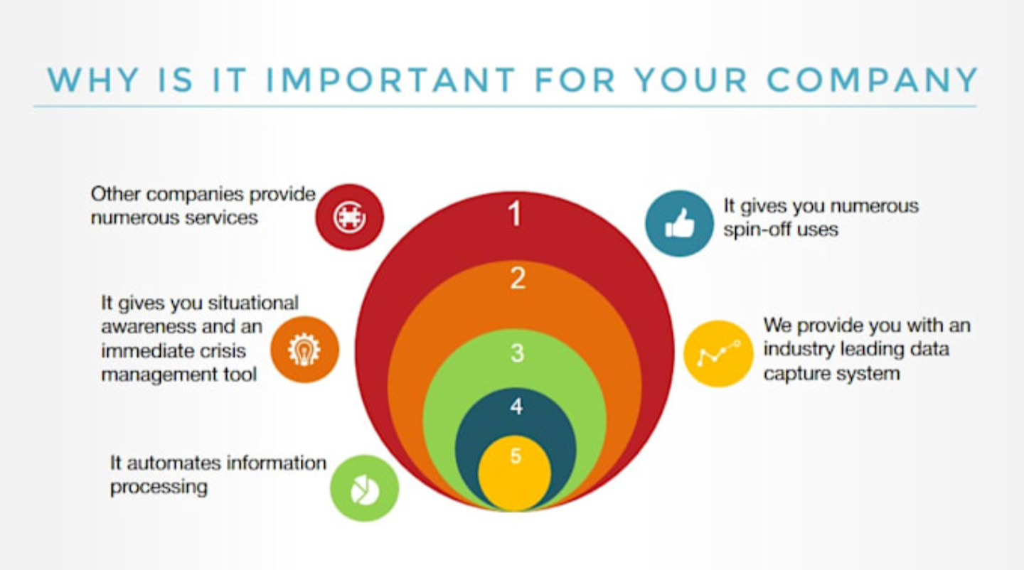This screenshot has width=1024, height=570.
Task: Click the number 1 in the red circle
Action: [x=515, y=213]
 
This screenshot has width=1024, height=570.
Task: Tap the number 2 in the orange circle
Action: [x=518, y=278]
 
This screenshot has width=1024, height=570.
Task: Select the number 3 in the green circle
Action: [x=517, y=353]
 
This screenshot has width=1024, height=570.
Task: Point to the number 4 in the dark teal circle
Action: [x=516, y=406]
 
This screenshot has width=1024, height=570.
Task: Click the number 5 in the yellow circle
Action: [x=515, y=456]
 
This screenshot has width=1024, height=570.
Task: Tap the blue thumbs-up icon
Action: [x=679, y=223]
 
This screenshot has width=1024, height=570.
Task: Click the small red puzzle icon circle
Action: [x=350, y=217]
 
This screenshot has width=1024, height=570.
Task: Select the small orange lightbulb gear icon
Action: [x=304, y=350]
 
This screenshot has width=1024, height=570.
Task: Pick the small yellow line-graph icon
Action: [x=718, y=353]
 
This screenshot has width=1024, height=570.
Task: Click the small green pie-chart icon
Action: [x=364, y=488]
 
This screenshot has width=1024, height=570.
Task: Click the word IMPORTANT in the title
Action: [x=391, y=80]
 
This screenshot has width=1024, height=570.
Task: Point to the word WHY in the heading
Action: [x=93, y=80]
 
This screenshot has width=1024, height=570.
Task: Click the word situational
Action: [x=253, y=303]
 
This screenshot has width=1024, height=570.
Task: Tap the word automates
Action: [x=176, y=463]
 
